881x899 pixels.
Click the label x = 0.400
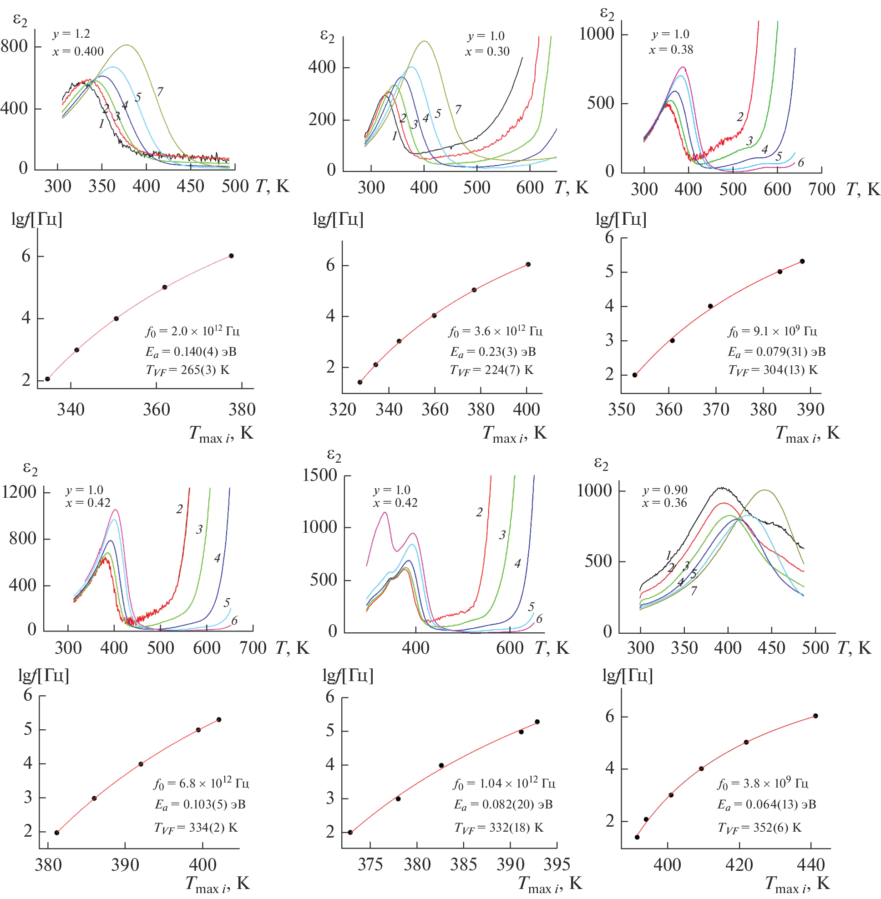click(x=78, y=51)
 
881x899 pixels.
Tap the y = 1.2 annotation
click(x=71, y=34)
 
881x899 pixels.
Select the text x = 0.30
click(x=487, y=51)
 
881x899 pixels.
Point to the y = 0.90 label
click(x=665, y=490)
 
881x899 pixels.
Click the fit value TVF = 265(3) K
click(x=187, y=370)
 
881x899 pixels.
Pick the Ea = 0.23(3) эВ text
click(x=493, y=352)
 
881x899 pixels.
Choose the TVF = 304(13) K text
click(x=773, y=370)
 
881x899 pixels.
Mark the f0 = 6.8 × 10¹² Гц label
click(x=201, y=783)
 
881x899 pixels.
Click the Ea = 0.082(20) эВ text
click(x=503, y=805)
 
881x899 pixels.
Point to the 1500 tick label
click(x=320, y=475)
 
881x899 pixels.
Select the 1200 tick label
click(x=19, y=492)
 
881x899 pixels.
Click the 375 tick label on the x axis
click(x=370, y=864)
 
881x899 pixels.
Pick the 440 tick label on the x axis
click(x=811, y=864)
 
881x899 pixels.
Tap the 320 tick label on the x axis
click(x=342, y=409)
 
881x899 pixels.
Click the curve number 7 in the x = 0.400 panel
click(x=160, y=91)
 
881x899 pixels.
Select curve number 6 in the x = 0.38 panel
click(x=801, y=162)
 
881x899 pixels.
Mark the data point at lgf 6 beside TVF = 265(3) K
click(x=231, y=256)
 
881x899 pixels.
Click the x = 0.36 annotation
click(x=664, y=503)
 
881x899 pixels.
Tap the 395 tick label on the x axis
click(x=557, y=864)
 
